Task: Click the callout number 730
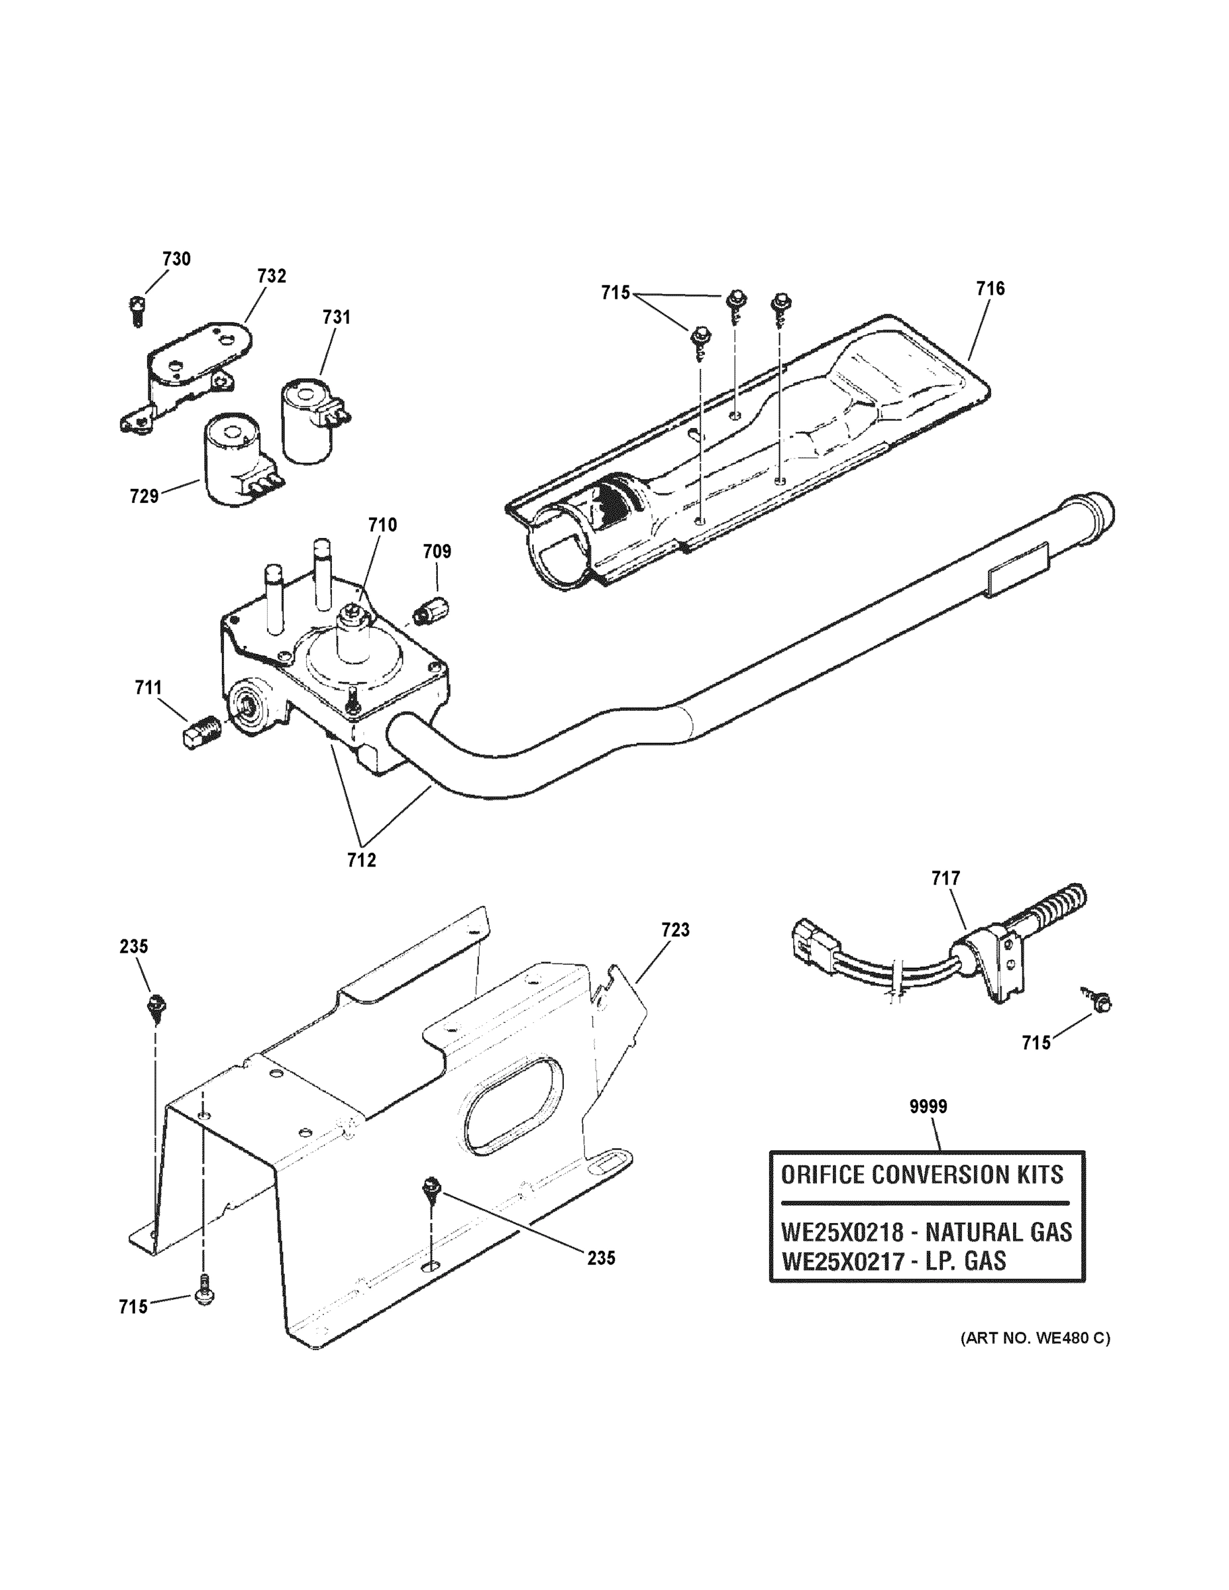(176, 259)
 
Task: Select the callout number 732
(272, 276)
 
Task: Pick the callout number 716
(990, 289)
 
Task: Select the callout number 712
(361, 861)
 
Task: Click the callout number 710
(382, 525)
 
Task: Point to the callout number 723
(675, 929)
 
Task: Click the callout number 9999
(928, 1106)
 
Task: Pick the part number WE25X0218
(841, 1232)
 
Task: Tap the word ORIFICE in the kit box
(823, 1175)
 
